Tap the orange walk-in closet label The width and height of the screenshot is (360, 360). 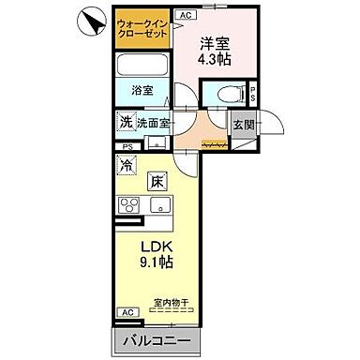click(x=142, y=29)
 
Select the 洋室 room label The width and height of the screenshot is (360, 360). click(x=213, y=42)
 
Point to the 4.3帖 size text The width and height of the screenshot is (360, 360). click(x=214, y=59)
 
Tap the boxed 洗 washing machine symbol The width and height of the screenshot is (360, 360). click(x=126, y=122)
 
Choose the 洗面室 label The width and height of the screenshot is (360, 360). click(x=154, y=123)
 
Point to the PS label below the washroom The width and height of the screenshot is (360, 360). click(x=126, y=147)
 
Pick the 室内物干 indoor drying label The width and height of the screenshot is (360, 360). click(x=171, y=302)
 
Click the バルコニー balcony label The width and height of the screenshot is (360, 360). click(x=153, y=339)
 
